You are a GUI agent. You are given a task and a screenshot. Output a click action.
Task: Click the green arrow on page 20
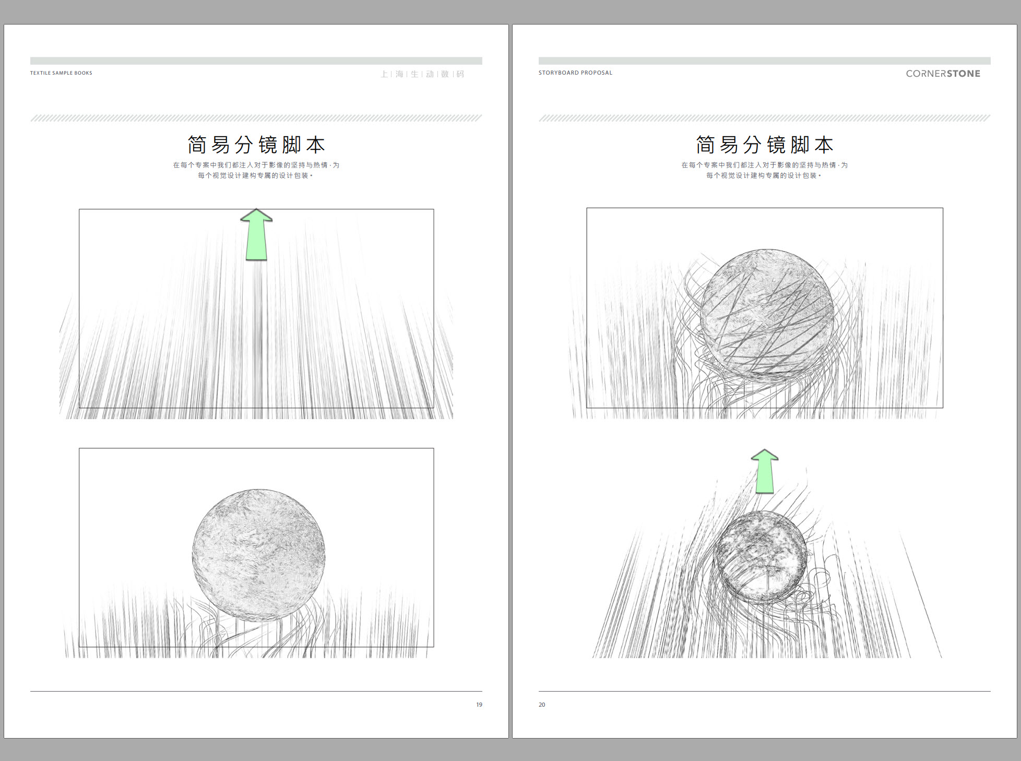point(765,471)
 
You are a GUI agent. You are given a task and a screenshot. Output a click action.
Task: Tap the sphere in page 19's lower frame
point(258,555)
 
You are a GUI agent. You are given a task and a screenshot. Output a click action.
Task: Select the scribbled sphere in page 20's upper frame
point(766,314)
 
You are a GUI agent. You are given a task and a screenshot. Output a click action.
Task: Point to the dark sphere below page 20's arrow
point(760,556)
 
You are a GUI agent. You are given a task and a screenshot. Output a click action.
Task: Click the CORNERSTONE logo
point(943,74)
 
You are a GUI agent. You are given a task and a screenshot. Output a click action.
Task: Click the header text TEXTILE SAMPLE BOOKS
point(61,73)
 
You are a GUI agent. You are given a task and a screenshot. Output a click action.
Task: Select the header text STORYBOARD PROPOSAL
point(575,73)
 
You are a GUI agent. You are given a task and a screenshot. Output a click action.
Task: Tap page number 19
point(479,705)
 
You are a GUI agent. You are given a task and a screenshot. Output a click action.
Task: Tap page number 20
point(542,705)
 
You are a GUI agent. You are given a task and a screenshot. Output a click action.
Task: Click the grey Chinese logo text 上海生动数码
point(422,74)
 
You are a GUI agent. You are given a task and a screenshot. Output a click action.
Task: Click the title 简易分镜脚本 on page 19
point(256,145)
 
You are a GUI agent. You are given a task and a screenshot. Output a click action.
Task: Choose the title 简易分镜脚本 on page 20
point(765,145)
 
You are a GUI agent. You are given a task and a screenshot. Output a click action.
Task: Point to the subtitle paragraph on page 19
point(256,170)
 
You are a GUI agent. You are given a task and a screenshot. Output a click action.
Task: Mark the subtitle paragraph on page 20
point(765,170)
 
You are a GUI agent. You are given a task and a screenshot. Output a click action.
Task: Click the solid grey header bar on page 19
point(256,61)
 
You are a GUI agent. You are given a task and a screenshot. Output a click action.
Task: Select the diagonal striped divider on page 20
point(765,118)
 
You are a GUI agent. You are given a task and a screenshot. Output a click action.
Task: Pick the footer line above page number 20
point(765,692)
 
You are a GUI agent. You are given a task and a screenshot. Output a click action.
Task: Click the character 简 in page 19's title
point(197,145)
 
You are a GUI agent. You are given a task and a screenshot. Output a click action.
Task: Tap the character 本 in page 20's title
point(824,145)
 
